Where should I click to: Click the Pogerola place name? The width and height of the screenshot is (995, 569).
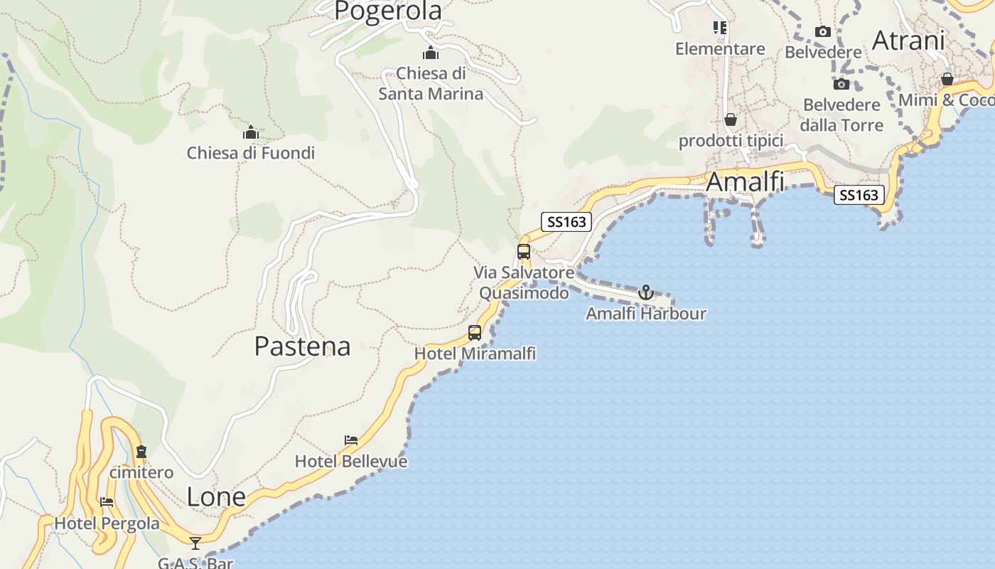pyautogui.click(x=388, y=11)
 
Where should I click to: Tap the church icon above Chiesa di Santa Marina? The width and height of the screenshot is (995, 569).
pyautogui.click(x=431, y=53)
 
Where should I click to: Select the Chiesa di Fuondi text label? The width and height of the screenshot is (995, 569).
pyautogui.click(x=250, y=153)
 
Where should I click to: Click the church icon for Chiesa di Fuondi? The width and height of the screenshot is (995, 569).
pyautogui.click(x=250, y=132)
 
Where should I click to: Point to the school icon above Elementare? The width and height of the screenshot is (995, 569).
pyautogui.click(x=720, y=28)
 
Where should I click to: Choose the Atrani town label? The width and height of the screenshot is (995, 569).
pyautogui.click(x=908, y=41)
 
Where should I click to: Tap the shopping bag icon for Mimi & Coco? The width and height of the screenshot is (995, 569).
pyautogui.click(x=947, y=78)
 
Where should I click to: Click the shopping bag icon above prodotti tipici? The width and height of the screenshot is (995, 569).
pyautogui.click(x=731, y=119)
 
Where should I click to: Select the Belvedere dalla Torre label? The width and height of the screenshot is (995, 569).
pyautogui.click(x=841, y=115)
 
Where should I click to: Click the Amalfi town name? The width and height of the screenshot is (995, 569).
pyautogui.click(x=745, y=182)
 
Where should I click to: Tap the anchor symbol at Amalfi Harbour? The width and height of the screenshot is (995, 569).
pyautogui.click(x=645, y=292)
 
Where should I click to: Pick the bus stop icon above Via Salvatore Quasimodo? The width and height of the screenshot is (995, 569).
pyautogui.click(x=524, y=251)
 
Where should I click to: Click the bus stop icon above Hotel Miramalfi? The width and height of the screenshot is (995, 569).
pyautogui.click(x=475, y=332)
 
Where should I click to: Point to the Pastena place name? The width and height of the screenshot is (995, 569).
pyautogui.click(x=302, y=346)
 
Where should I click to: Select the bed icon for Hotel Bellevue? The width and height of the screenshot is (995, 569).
pyautogui.click(x=350, y=440)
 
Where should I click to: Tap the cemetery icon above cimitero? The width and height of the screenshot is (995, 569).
pyautogui.click(x=141, y=452)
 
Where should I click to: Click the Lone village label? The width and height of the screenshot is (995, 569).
pyautogui.click(x=216, y=497)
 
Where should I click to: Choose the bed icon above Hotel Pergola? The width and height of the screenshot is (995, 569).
pyautogui.click(x=107, y=502)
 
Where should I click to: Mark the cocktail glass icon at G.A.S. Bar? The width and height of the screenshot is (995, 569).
pyautogui.click(x=195, y=543)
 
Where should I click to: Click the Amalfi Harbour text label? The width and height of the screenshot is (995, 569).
pyautogui.click(x=645, y=314)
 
